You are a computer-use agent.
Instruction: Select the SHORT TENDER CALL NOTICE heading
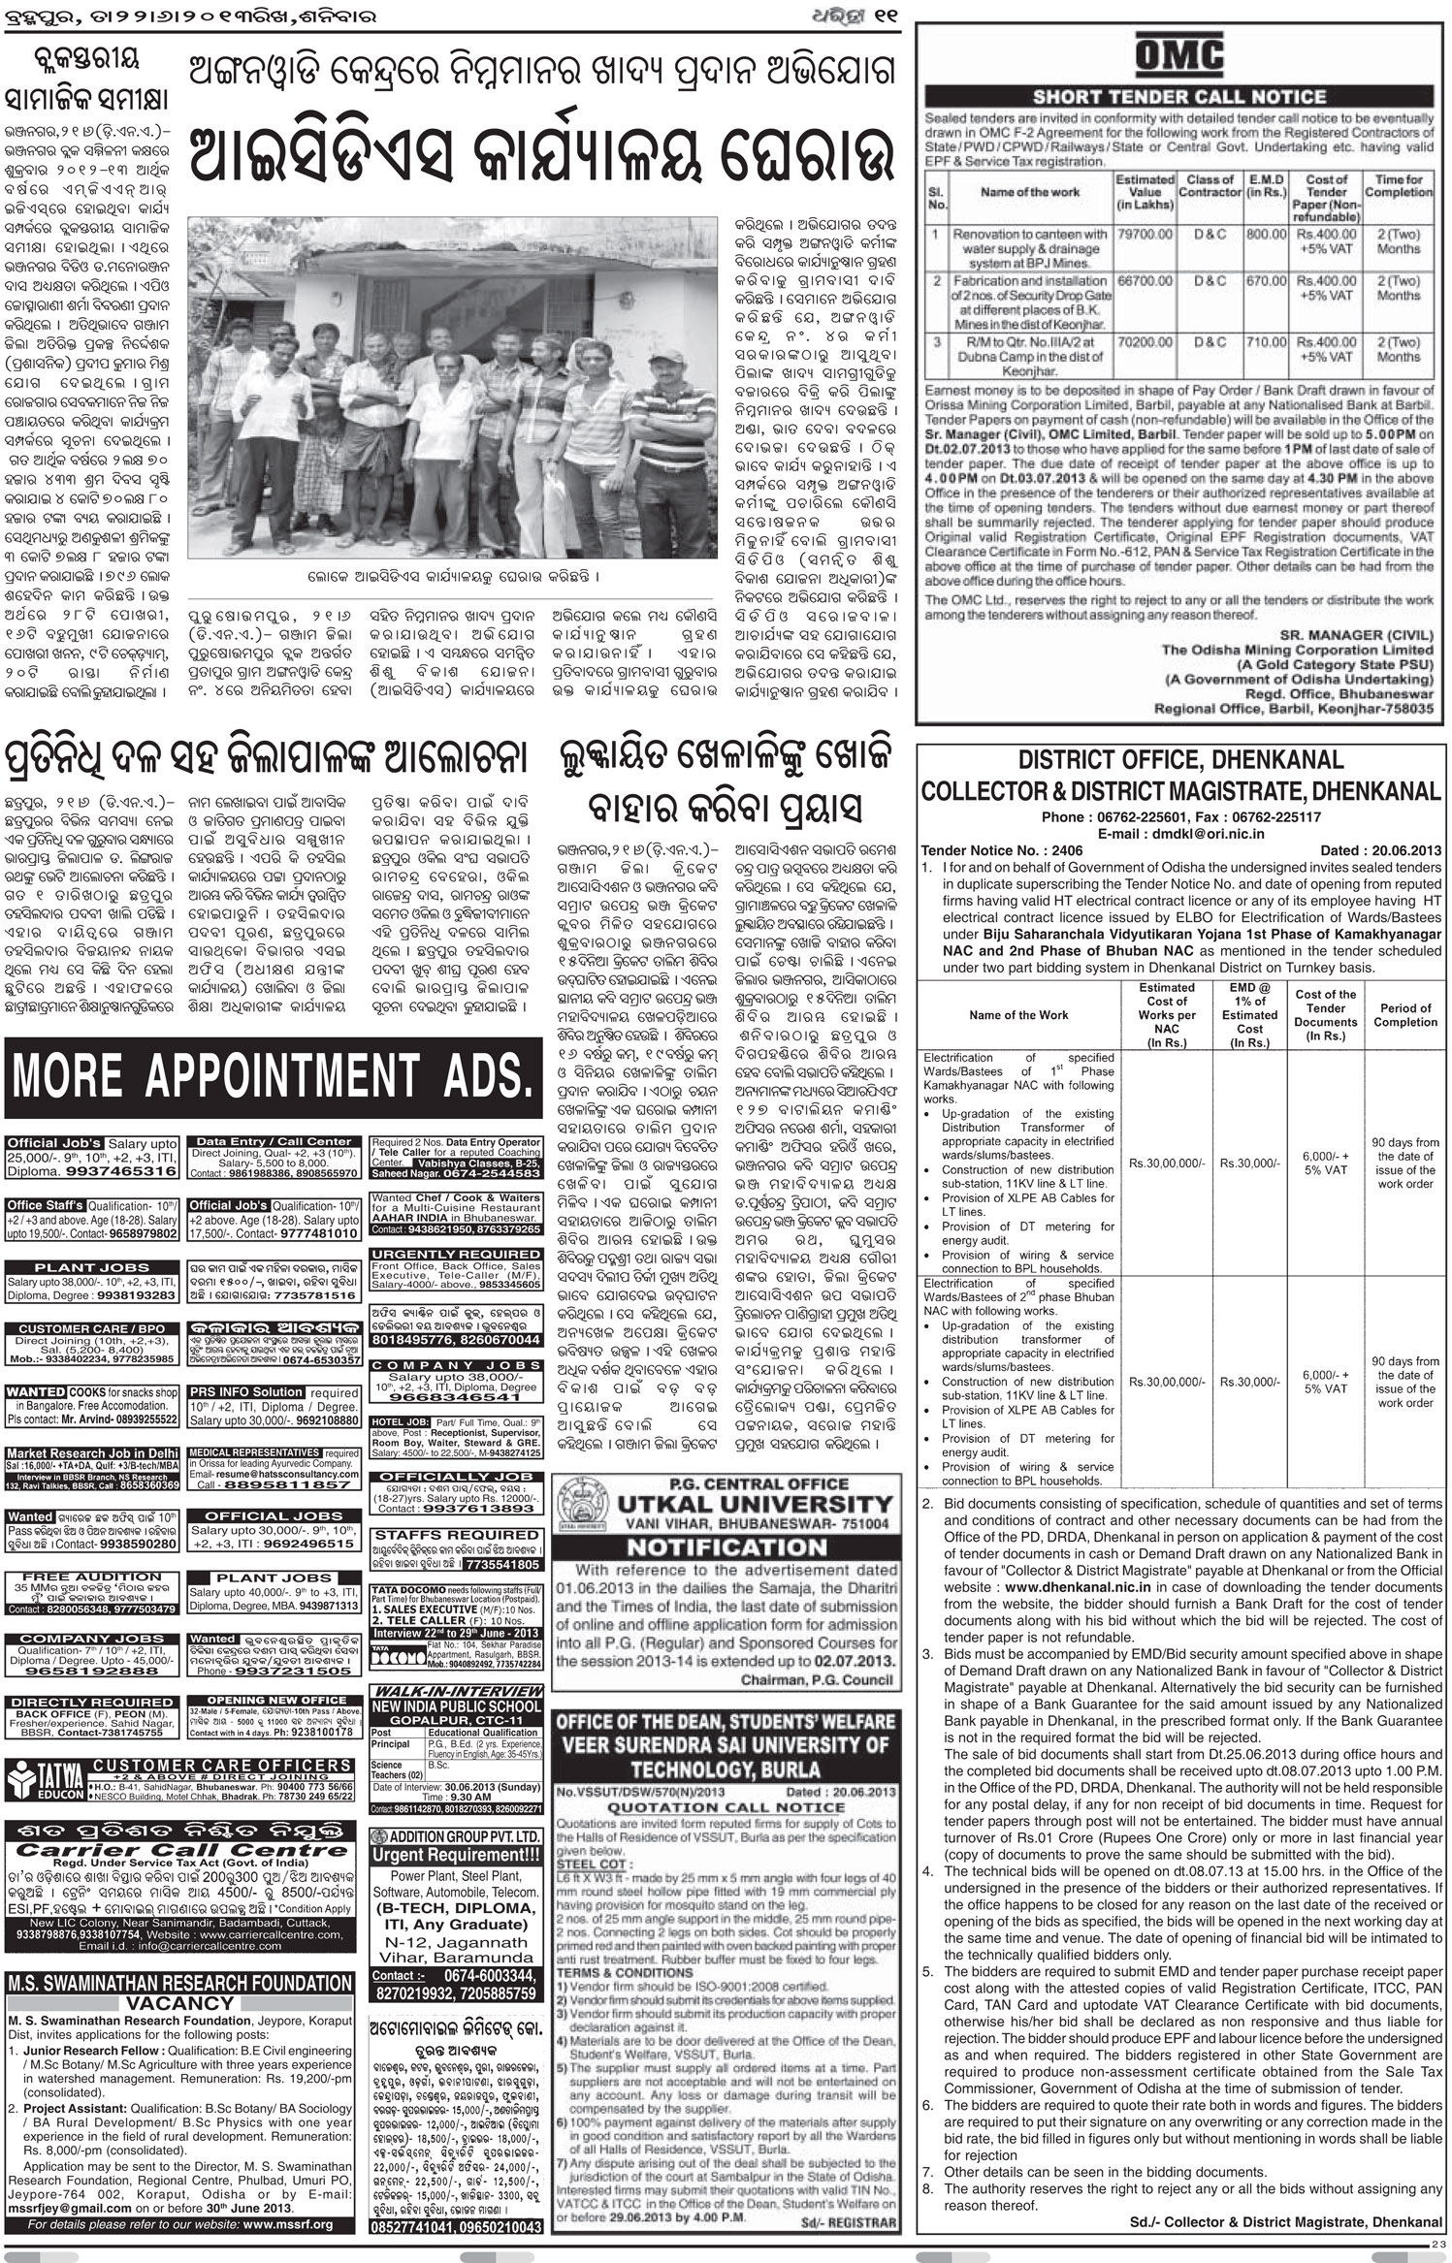coord(1178,97)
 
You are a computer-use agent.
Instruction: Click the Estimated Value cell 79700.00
coord(1144,235)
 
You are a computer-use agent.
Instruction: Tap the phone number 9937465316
coord(119,1171)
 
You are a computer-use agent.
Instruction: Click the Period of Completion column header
coord(1404,1015)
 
